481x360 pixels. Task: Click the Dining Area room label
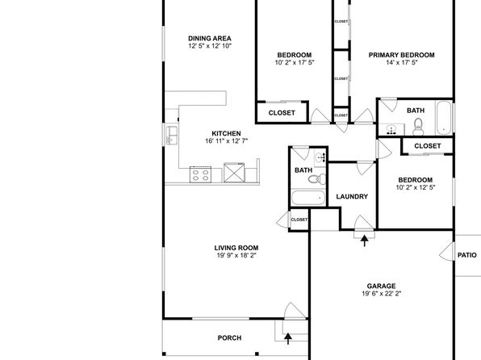point(210,39)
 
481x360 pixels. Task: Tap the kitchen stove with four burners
point(201,174)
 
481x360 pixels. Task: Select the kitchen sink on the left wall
point(171,136)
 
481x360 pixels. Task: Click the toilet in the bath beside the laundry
point(317,178)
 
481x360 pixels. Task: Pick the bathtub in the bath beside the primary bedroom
point(444,118)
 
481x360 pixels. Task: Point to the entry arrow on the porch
point(288,339)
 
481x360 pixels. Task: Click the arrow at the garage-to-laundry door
point(365,241)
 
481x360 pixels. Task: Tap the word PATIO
point(467,255)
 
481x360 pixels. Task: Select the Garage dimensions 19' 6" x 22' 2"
point(381,293)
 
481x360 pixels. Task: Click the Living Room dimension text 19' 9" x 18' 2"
point(236,255)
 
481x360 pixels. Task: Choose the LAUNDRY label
point(352,196)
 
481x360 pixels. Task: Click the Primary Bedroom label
point(402,55)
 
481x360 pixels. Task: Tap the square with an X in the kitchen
point(234,173)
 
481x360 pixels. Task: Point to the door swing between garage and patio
point(446,252)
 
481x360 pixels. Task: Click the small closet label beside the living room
point(299,220)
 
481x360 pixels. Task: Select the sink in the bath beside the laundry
point(320,157)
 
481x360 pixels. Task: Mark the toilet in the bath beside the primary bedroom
point(418,127)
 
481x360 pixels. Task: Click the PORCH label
point(229,338)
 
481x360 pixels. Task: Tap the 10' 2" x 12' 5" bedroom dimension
point(416,187)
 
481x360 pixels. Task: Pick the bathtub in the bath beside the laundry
point(308,198)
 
